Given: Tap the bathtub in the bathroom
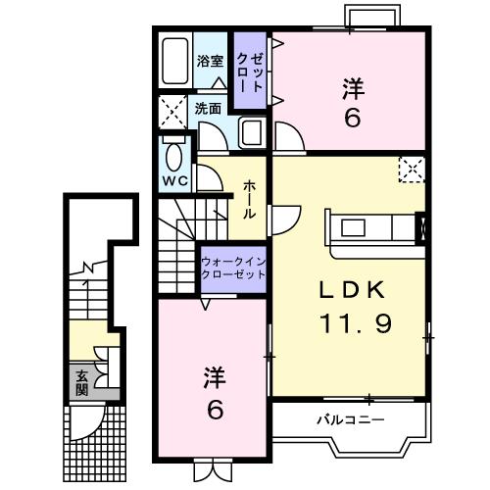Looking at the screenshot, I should coord(177,63).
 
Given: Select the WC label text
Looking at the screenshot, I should coord(176,181).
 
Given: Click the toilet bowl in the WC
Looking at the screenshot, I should coord(176,156).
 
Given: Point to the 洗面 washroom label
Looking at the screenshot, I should coord(208,108).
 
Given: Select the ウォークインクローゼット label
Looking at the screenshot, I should coord(232,269).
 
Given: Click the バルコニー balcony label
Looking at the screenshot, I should coord(350,419).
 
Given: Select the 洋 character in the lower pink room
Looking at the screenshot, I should coord(216,376).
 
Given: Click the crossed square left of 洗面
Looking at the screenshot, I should coord(173,111).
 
